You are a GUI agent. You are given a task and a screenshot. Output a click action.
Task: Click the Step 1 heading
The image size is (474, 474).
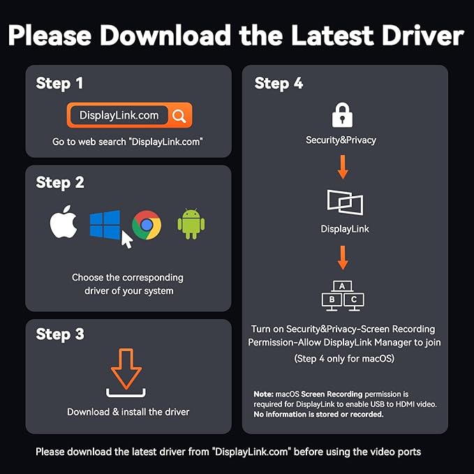[x=59, y=83]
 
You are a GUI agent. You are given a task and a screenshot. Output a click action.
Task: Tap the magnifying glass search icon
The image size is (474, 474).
[x=179, y=116]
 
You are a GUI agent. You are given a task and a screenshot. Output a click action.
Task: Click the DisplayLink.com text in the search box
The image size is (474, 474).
[x=119, y=115]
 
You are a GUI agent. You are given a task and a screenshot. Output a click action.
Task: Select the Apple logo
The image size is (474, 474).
[x=64, y=222]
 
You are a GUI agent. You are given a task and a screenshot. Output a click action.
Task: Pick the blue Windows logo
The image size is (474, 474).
[x=105, y=225]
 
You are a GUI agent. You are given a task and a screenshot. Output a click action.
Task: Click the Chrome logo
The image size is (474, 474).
[x=147, y=225]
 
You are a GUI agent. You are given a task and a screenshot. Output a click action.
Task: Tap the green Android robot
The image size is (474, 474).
[x=191, y=224]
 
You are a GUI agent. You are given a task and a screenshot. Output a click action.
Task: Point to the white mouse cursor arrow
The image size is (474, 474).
[x=126, y=239]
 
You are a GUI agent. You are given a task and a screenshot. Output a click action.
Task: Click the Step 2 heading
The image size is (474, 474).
[x=60, y=182]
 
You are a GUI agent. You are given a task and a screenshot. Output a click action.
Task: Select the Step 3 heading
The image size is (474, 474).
[x=60, y=334]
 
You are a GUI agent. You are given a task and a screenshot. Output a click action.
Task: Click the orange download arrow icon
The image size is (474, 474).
[x=126, y=369]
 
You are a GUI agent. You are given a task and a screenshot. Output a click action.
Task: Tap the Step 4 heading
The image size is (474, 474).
[x=279, y=83]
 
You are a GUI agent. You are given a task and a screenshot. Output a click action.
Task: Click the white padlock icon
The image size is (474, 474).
[x=342, y=115]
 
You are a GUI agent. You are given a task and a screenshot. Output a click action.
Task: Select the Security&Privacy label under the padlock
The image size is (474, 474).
[x=341, y=140]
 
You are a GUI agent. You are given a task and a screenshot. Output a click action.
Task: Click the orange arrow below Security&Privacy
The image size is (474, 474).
[x=343, y=167]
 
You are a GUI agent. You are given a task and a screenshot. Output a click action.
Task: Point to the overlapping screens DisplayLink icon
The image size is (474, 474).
[x=346, y=202]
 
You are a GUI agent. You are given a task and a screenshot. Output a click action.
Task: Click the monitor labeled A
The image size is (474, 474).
[x=342, y=286]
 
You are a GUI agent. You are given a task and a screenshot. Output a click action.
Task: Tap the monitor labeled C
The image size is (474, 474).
[x=354, y=301]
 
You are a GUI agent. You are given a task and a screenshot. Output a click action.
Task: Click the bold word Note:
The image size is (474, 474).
[x=263, y=394]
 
